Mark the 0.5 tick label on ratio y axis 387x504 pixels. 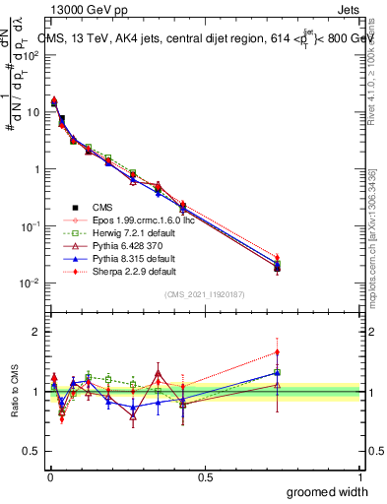(x=32, y=451)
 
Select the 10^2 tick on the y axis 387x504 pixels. (x=31, y=55)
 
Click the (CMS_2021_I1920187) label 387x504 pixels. (x=205, y=294)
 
